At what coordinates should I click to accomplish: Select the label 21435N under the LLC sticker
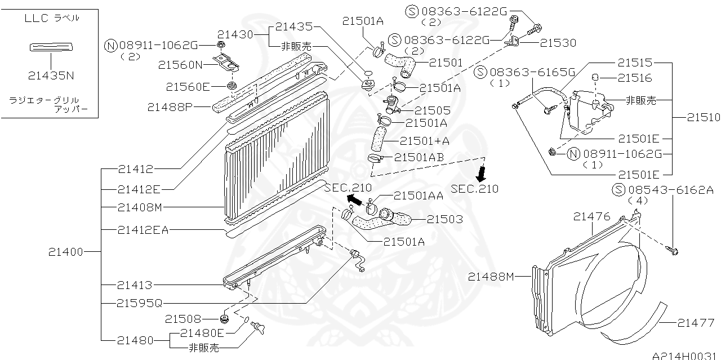coord(51,75)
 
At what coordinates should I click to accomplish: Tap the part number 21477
coord(696,323)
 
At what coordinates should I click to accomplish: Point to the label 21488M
coord(491,276)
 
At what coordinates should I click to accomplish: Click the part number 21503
coord(444,219)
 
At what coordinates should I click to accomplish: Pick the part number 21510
coord(703,118)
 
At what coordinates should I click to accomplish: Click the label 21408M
coord(140,207)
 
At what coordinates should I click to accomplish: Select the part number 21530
coord(558,43)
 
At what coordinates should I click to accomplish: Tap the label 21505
coord(432,111)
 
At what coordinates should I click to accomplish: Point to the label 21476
coord(592,216)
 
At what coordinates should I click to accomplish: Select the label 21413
coord(135,285)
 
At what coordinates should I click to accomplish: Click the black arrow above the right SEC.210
coord(481,171)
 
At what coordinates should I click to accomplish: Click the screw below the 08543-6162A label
coord(673,249)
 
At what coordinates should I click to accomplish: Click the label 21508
coord(183,319)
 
